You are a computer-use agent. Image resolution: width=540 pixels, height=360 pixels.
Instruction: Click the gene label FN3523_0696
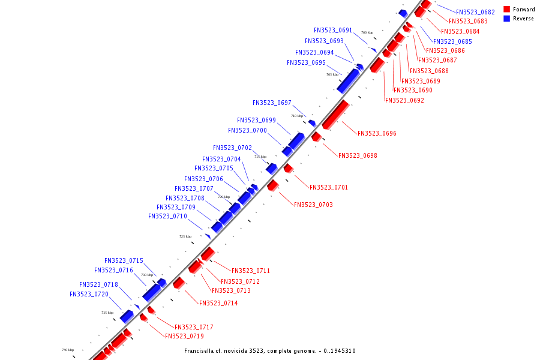tap(377, 133)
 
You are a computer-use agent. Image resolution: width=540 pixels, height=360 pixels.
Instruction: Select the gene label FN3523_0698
tap(358, 155)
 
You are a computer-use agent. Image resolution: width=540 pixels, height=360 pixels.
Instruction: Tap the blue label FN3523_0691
tap(333, 30)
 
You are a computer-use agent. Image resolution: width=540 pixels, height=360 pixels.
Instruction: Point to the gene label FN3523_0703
tap(313, 205)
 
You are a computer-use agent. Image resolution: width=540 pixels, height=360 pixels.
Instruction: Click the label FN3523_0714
tap(218, 303)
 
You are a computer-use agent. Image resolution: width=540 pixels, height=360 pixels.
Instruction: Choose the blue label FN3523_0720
tap(89, 294)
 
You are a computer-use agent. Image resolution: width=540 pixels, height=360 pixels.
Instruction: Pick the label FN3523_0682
tap(475, 12)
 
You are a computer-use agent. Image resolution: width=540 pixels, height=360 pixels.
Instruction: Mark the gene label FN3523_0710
tap(167, 216)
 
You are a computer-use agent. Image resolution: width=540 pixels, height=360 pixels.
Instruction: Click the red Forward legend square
tap(507, 10)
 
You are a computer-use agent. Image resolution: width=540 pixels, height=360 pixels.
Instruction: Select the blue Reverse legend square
tap(507, 19)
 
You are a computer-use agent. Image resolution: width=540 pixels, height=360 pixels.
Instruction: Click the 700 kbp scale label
tap(367, 32)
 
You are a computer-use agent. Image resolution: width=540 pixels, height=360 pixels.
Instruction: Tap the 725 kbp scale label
tap(185, 236)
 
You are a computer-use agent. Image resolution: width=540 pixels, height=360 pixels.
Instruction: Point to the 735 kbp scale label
tap(107, 313)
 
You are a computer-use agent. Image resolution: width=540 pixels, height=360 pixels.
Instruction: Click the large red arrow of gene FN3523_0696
tap(335, 114)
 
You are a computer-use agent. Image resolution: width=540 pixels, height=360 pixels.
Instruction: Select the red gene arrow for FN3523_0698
tap(316, 137)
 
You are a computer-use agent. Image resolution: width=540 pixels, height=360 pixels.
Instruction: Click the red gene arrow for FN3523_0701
tap(289, 167)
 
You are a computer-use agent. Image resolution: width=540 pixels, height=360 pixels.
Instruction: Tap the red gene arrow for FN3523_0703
tap(273, 185)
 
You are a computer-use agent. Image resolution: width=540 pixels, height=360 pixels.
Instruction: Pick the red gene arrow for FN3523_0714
tap(178, 282)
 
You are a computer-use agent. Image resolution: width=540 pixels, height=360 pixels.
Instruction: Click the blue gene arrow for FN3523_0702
tap(272, 168)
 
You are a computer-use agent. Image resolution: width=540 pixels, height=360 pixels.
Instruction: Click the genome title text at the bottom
tap(269, 350)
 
